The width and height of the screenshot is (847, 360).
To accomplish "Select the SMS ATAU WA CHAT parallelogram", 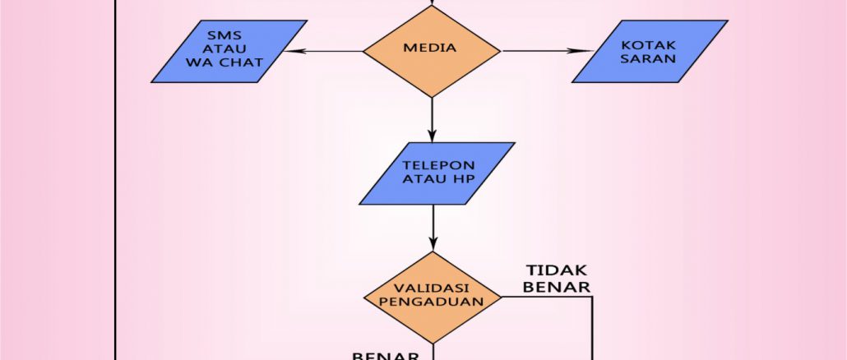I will click(x=229, y=51).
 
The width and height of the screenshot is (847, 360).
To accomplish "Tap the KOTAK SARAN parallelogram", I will click(x=650, y=51).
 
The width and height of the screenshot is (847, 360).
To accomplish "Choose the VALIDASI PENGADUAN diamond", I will click(x=433, y=297).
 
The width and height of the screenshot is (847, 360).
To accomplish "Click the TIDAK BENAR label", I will click(x=558, y=279).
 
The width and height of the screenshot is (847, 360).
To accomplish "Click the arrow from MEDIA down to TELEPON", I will click(x=432, y=119).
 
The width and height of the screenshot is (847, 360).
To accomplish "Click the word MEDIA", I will click(x=429, y=48).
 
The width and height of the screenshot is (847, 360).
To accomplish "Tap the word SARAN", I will click(x=650, y=60).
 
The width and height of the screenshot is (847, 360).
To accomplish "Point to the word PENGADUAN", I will click(x=433, y=302).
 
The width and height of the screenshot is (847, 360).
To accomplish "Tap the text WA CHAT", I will click(x=229, y=62).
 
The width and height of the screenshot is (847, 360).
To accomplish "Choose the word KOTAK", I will click(x=650, y=45).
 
